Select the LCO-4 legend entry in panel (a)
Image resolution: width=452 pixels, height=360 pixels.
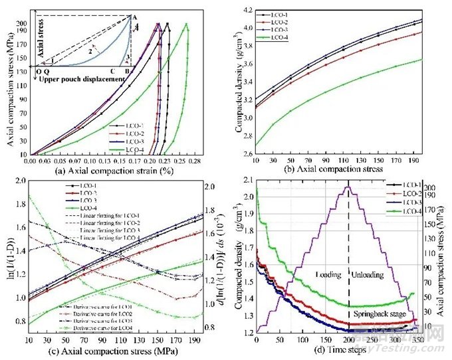point(122,146)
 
